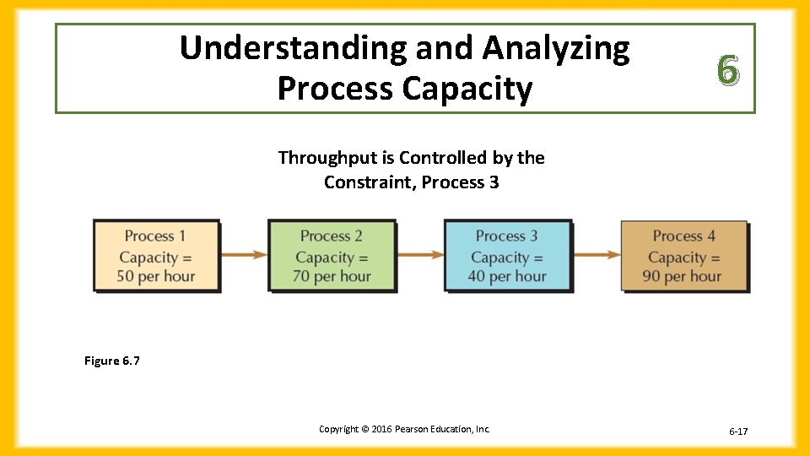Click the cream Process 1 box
click(x=156, y=256)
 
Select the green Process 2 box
click(x=332, y=256)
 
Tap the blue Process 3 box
click(x=507, y=256)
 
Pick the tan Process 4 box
click(x=683, y=256)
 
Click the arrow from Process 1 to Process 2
click(x=244, y=254)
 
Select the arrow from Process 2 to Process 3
click(x=419, y=254)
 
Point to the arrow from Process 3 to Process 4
click(x=596, y=254)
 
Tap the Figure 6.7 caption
click(x=112, y=361)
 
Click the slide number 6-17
click(x=738, y=432)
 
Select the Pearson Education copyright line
click(x=404, y=429)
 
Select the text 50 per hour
click(x=156, y=276)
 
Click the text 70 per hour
click(x=332, y=276)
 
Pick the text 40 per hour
click(x=507, y=276)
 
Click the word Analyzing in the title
click(x=555, y=49)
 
